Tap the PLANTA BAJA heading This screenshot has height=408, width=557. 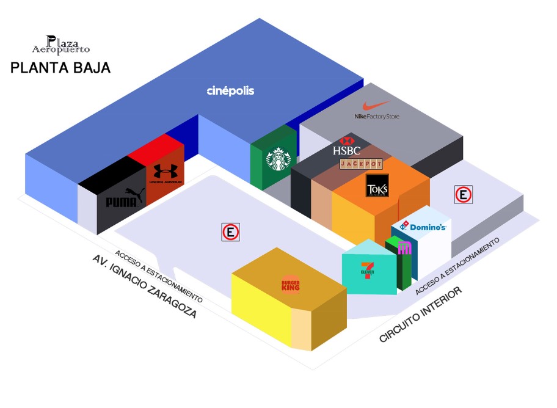(60, 68)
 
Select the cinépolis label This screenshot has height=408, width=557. (230, 91)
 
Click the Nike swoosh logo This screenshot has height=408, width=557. (376, 106)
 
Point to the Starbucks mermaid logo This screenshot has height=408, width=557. (278, 160)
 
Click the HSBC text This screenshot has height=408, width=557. (347, 150)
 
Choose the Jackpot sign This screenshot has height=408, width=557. (361, 164)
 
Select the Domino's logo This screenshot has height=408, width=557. (424, 227)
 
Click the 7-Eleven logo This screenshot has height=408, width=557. (367, 269)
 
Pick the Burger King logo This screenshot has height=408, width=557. (291, 285)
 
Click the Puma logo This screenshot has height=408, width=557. (125, 200)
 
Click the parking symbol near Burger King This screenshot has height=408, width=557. (230, 232)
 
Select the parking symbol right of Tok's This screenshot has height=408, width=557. (464, 195)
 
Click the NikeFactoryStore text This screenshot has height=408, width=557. (377, 116)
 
